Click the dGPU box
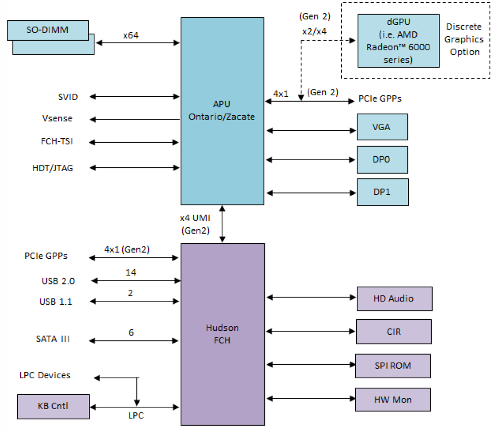click(398, 41)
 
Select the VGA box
click(382, 127)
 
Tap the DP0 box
click(382, 159)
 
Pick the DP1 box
click(382, 192)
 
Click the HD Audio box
click(394, 298)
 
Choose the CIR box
click(393, 331)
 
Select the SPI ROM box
click(392, 366)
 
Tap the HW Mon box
click(392, 399)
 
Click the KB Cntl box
click(53, 406)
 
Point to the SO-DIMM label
click(47, 30)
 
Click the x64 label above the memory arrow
click(131, 35)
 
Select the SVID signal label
click(68, 97)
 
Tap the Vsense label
click(58, 118)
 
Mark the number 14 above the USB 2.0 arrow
click(130, 273)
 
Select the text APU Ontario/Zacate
click(222, 111)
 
